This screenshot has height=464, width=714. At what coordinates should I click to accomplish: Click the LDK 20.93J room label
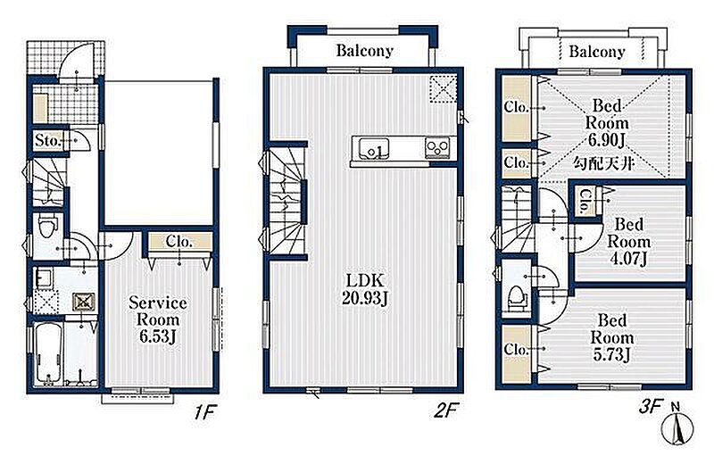(x=365, y=289)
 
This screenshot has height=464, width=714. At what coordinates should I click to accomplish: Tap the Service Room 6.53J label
(x=158, y=319)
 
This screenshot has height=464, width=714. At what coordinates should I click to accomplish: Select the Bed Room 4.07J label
(x=628, y=241)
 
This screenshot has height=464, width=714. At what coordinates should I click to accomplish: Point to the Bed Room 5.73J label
(x=612, y=337)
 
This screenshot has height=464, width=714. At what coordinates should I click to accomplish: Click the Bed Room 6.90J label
(x=607, y=123)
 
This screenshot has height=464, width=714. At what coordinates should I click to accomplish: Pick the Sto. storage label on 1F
(x=48, y=140)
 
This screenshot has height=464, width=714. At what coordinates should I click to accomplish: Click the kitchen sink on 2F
(x=373, y=148)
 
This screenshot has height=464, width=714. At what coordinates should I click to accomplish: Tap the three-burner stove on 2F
(x=437, y=147)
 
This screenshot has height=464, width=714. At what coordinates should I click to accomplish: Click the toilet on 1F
(x=47, y=227)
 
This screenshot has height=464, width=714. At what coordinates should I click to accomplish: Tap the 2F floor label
(x=444, y=411)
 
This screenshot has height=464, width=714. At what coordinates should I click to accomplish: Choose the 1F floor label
(x=203, y=412)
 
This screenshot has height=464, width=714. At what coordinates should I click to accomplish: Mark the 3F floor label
(x=650, y=407)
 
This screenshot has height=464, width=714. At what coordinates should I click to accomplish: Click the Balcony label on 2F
(x=364, y=50)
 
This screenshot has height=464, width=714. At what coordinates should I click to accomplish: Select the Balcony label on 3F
(x=596, y=52)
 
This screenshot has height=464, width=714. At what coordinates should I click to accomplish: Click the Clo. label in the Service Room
(x=179, y=241)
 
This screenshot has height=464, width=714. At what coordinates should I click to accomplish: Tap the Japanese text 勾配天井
(x=603, y=163)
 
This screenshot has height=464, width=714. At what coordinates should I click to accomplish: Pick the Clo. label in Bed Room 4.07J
(x=585, y=202)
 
